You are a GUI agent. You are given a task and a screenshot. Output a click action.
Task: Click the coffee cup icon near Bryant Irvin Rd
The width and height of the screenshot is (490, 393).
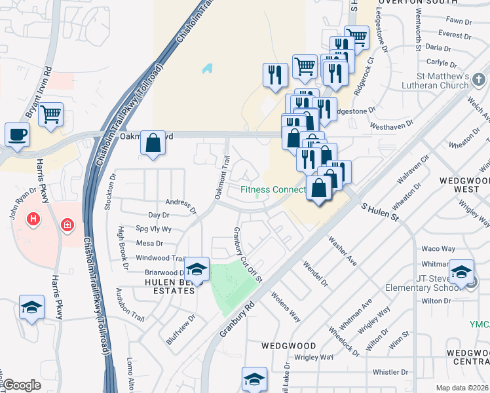click(18, 134)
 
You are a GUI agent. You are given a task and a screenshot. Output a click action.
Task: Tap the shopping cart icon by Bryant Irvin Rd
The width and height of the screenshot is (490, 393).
click(50, 114)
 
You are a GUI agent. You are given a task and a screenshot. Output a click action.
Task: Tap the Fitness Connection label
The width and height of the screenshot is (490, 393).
click(273, 190)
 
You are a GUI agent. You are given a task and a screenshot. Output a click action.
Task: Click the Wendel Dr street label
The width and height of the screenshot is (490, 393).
click(314, 274)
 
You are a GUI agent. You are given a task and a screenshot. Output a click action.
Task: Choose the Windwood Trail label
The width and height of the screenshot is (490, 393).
click(160, 258)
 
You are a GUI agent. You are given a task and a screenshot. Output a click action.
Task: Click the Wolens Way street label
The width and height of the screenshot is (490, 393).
click(286, 307)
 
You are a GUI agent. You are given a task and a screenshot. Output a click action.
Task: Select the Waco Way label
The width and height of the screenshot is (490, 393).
click(438, 249)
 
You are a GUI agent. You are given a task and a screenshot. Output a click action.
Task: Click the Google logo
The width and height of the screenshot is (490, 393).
click(22, 385)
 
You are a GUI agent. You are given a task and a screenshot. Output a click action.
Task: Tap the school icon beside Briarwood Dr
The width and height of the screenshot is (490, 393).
click(196, 269)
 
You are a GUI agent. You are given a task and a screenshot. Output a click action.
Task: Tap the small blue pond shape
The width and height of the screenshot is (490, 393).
click(208, 67)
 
